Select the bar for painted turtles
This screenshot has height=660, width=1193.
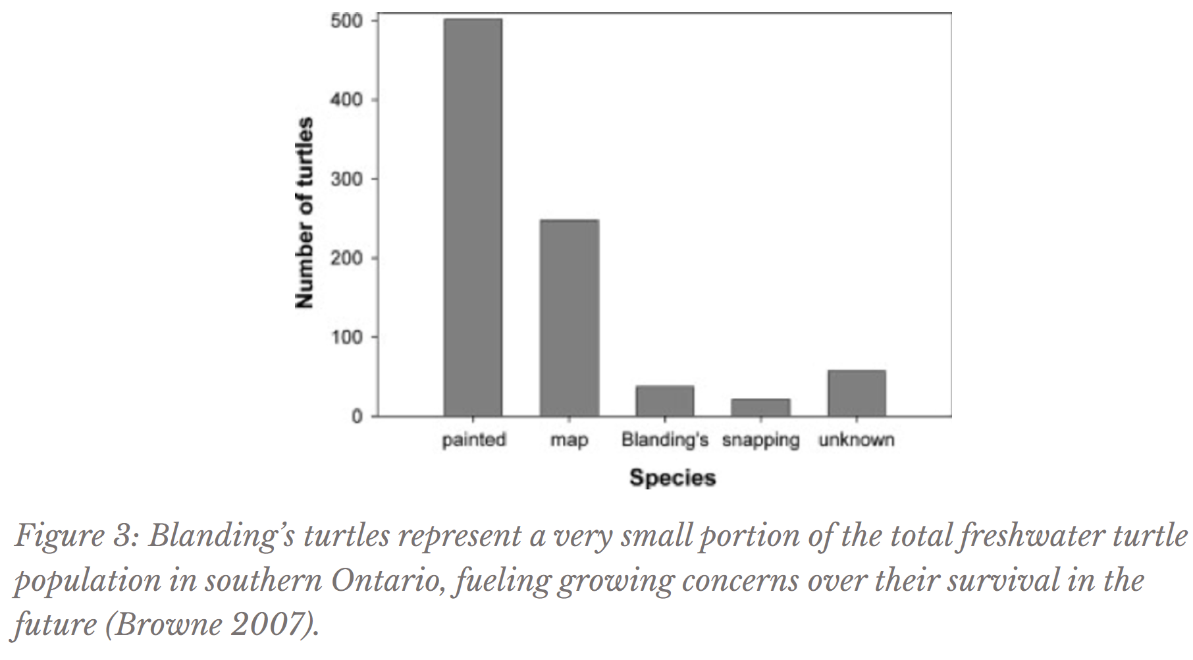click(x=473, y=217)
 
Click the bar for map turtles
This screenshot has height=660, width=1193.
click(x=569, y=317)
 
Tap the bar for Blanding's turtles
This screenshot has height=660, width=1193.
click(x=664, y=400)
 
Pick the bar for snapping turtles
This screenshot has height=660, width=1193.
click(x=760, y=407)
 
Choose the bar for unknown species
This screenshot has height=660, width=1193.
click(x=857, y=393)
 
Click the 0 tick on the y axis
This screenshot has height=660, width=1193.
click(x=356, y=416)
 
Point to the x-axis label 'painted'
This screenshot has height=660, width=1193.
click(x=473, y=439)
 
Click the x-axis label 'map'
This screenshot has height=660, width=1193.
click(x=569, y=440)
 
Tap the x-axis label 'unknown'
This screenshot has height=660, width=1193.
click(x=856, y=439)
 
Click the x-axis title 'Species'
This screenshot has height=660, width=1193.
click(x=672, y=478)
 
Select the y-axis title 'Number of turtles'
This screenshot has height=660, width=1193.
click(x=304, y=213)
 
